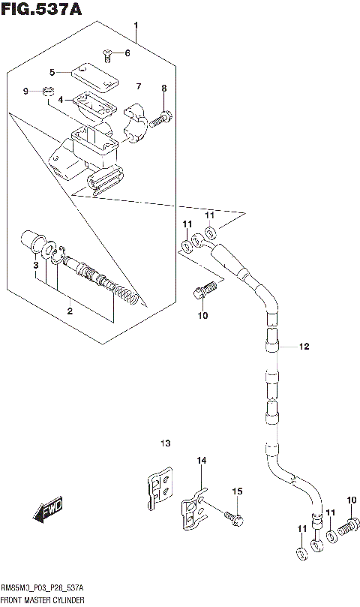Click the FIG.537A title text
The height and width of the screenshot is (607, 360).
click(x=42, y=10)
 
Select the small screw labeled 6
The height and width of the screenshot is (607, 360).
click(x=108, y=53)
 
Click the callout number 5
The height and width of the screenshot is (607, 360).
click(x=52, y=72)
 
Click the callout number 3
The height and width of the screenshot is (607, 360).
click(x=34, y=266)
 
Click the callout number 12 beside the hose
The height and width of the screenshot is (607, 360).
click(x=303, y=347)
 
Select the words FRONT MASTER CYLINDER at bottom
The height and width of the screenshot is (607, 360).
click(x=42, y=601)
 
